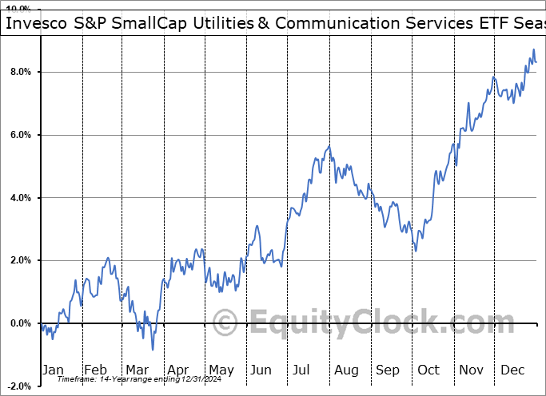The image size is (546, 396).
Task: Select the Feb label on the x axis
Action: click(96, 370)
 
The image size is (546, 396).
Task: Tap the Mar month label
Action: click(137, 370)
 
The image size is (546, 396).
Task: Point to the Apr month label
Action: click(179, 370)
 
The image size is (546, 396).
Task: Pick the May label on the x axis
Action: click(221, 370)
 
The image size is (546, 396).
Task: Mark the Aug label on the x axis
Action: click(346, 370)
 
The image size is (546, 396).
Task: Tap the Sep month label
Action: click(388, 370)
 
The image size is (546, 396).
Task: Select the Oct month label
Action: click(429, 370)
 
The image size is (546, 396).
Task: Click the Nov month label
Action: click(471, 370)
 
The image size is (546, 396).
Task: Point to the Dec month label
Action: click(512, 370)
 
